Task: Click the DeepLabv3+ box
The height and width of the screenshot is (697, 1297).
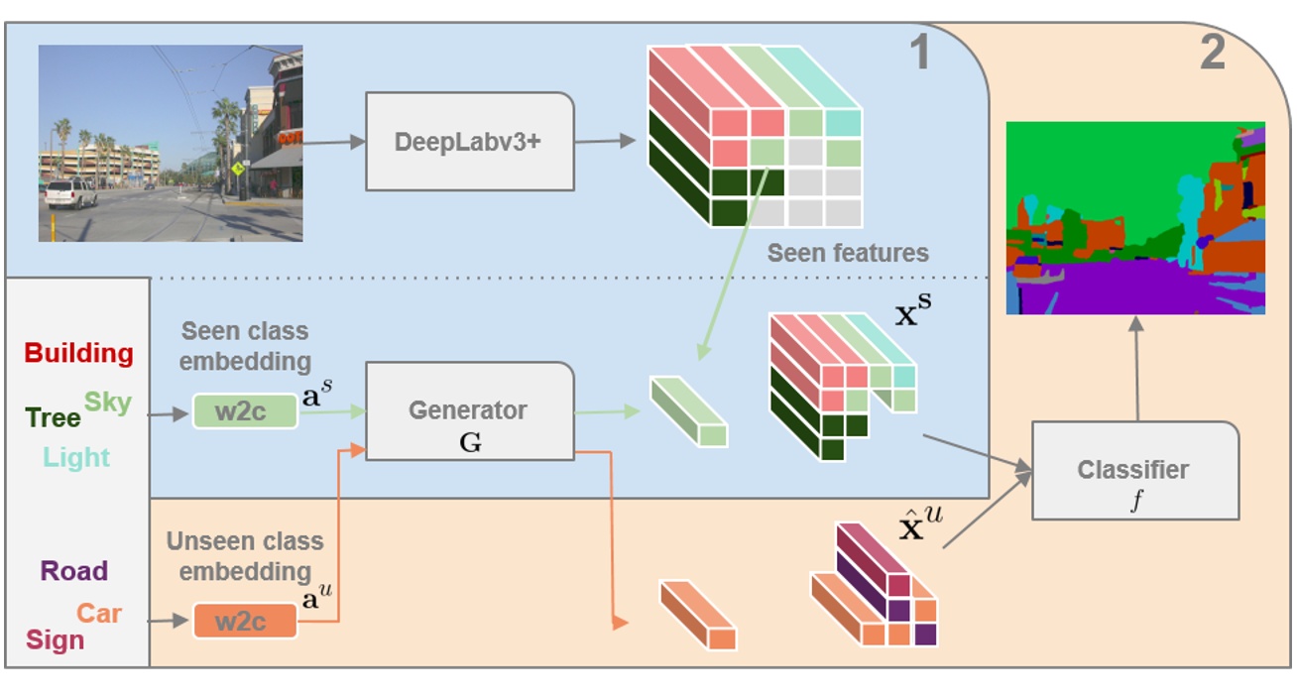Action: [x=469, y=142]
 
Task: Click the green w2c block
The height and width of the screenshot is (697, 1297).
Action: [x=245, y=410]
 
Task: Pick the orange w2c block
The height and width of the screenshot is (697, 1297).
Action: [x=245, y=621]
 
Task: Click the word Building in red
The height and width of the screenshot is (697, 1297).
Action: [x=78, y=353]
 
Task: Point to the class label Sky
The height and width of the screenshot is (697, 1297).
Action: [x=107, y=402]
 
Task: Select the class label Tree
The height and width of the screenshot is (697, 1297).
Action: [x=53, y=417]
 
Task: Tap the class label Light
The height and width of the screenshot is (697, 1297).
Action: [x=76, y=457]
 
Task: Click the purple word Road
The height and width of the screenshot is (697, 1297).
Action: [x=74, y=571]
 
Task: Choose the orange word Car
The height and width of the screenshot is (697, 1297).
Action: [x=99, y=613]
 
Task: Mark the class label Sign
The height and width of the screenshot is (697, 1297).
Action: [x=55, y=639]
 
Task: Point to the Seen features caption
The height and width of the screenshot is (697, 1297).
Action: [x=848, y=253]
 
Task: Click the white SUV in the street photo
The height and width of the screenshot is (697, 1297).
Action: [x=70, y=192]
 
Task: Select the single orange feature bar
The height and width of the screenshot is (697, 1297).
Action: [x=698, y=615]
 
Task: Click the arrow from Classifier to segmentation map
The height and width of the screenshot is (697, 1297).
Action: [x=1135, y=367]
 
